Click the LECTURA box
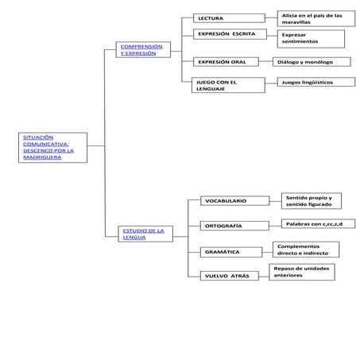(228, 18)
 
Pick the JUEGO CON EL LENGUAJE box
(228, 86)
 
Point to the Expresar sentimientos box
(312, 38)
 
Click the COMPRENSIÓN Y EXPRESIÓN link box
(142, 50)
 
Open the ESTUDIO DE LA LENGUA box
(144, 234)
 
